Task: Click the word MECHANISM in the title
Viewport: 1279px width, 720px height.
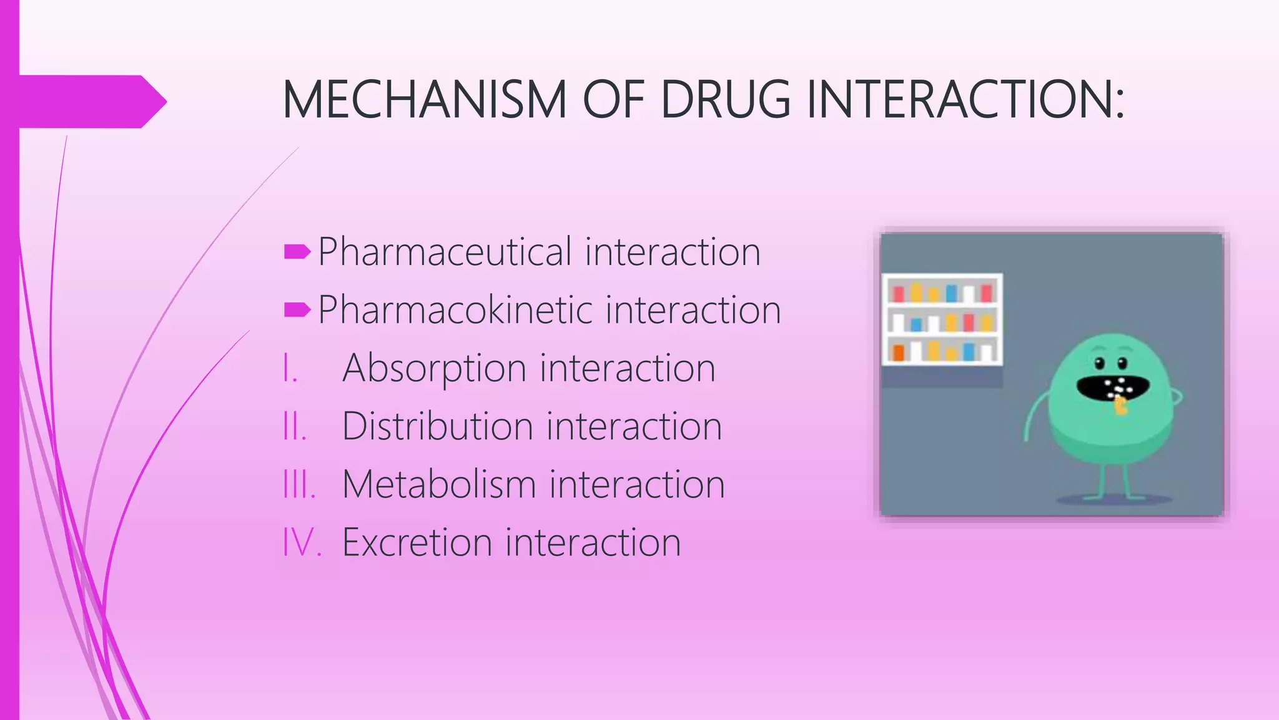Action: [x=425, y=100]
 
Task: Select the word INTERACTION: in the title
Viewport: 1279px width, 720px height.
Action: [x=965, y=100]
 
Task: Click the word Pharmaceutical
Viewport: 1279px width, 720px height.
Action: [x=445, y=252]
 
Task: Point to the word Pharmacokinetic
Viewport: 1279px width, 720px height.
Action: [x=455, y=310]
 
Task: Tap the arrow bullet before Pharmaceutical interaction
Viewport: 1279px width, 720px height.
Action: [x=297, y=252]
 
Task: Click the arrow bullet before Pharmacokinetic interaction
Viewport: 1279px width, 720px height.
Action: [x=297, y=310]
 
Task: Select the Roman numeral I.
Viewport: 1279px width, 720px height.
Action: [x=289, y=368]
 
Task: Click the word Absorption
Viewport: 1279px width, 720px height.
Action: [x=434, y=368]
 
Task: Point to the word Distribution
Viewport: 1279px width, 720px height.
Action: [x=437, y=426]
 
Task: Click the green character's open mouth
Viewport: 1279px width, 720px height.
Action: [x=1102, y=388]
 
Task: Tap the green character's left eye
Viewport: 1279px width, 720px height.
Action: [x=1100, y=364]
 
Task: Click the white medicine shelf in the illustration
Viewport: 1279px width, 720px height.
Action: [x=942, y=319]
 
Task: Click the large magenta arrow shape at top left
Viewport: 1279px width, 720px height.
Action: [x=87, y=101]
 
